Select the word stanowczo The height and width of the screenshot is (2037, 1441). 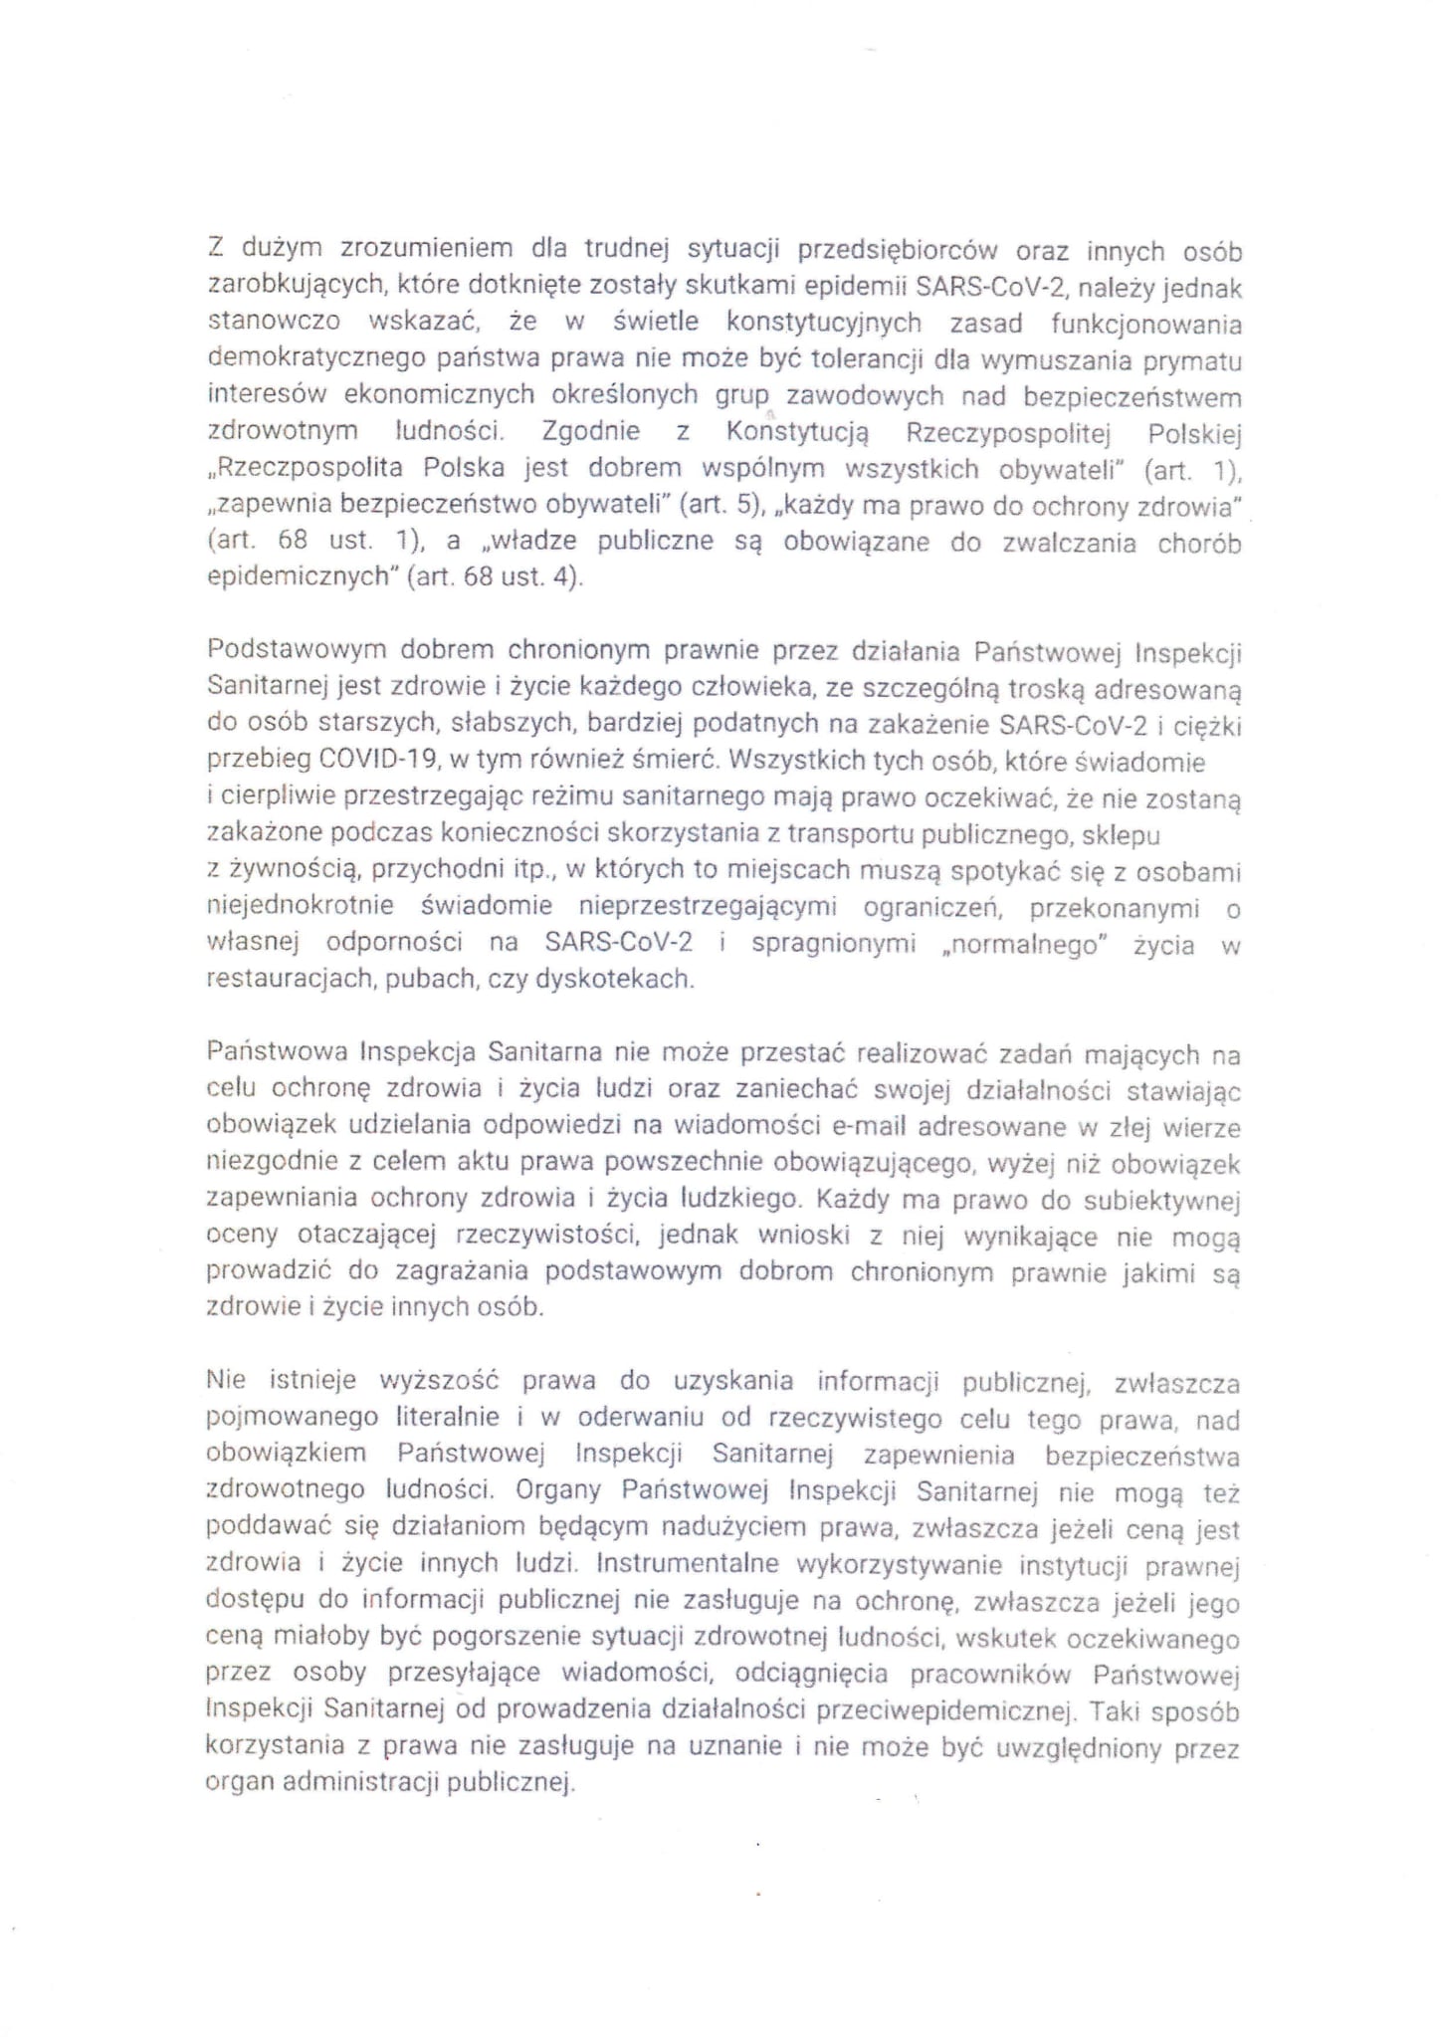click(x=274, y=323)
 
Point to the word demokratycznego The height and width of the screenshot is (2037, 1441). click(x=308, y=358)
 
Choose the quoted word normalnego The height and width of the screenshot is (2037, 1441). click(x=1024, y=945)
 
